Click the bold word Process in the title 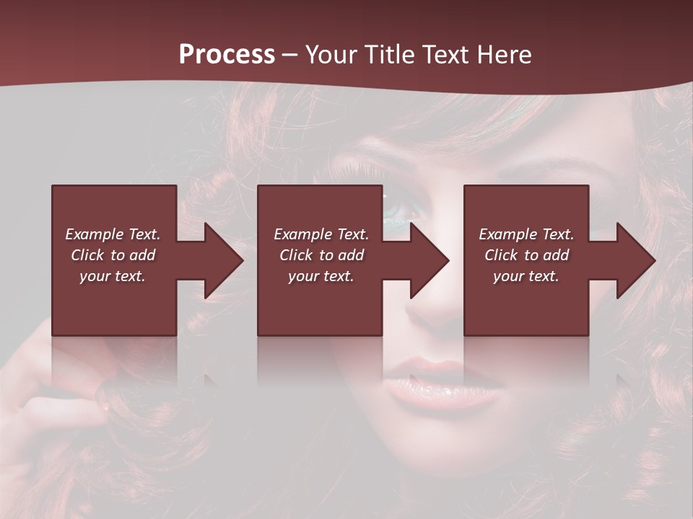[x=227, y=55]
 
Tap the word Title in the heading [x=388, y=55]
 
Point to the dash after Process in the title [x=290, y=56]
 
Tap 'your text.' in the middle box [x=321, y=276]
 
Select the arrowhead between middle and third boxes [x=429, y=260]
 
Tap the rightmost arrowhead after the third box [x=635, y=260]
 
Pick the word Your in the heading [x=332, y=55]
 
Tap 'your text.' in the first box [x=113, y=276]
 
